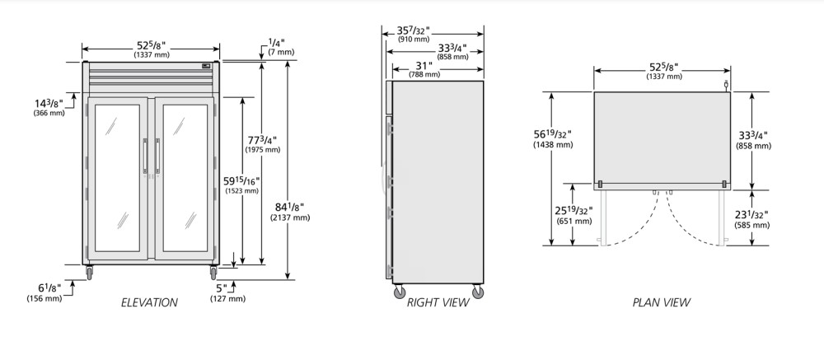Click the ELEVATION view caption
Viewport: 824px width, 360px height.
pos(149,302)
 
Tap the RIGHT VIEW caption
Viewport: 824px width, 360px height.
pos(438,302)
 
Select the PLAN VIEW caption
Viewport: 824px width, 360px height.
pos(661,302)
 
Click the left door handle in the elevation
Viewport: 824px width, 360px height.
pos(146,156)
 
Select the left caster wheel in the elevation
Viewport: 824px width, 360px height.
pos(89,273)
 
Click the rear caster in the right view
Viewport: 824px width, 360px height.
pos(478,292)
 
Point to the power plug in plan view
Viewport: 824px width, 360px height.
pos(726,84)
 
